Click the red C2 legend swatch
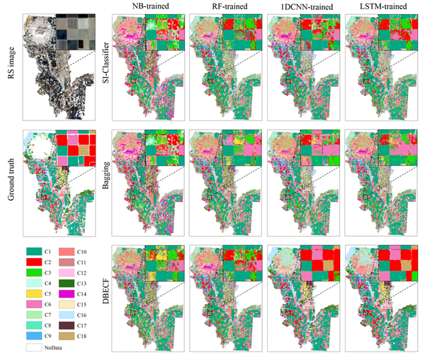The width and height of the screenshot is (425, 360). click(x=33, y=263)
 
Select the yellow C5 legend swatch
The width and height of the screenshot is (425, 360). click(x=33, y=292)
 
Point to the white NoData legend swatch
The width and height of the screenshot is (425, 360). click(x=33, y=348)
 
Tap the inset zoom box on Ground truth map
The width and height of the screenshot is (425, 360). click(x=76, y=150)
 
